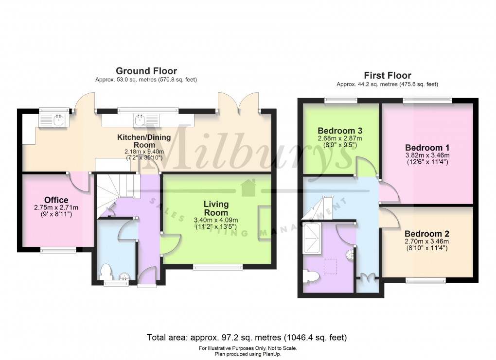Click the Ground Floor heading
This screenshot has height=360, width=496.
146,71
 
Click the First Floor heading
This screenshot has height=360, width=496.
388,75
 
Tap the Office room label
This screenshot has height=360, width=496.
56,200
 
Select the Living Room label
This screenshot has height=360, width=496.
216,208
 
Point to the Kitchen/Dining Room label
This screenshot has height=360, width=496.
144,141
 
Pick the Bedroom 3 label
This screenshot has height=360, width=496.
340,131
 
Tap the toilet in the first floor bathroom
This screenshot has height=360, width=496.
311,276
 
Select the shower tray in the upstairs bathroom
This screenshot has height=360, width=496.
312,239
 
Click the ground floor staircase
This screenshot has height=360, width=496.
117,189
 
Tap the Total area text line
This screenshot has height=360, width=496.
247,337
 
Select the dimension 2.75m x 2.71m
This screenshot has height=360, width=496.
56,208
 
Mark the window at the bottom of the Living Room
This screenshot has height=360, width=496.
217,266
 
